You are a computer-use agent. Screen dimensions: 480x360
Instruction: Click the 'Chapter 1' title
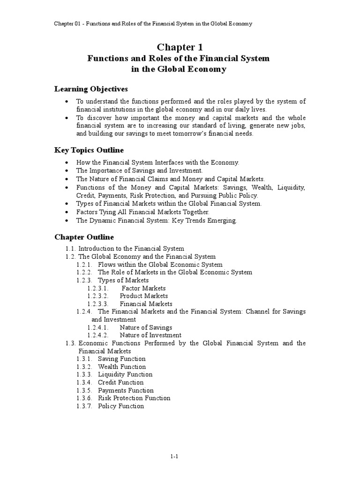point(179,47)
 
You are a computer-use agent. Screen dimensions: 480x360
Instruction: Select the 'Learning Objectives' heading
point(91,89)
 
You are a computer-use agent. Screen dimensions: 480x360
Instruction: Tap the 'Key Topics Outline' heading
point(89,150)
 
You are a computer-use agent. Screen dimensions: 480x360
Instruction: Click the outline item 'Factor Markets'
point(143,288)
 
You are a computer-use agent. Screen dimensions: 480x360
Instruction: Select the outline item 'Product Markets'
point(143,296)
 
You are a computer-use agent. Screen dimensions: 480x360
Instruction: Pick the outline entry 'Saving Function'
point(122,359)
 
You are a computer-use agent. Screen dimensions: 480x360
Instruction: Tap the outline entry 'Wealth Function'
point(122,367)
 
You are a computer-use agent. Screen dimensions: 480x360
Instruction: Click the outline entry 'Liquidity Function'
point(125,375)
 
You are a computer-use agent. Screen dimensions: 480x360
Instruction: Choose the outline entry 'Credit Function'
point(121,382)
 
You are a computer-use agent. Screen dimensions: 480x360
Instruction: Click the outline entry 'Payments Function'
point(126,390)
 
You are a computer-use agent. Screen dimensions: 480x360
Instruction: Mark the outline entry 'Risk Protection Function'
point(134,398)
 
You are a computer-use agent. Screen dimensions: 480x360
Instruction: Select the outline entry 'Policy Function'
point(121,406)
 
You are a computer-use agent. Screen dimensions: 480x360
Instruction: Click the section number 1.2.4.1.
point(98,328)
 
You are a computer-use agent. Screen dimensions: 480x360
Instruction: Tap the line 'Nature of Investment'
point(150,335)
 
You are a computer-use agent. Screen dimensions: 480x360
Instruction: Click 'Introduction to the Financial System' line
point(131,249)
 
